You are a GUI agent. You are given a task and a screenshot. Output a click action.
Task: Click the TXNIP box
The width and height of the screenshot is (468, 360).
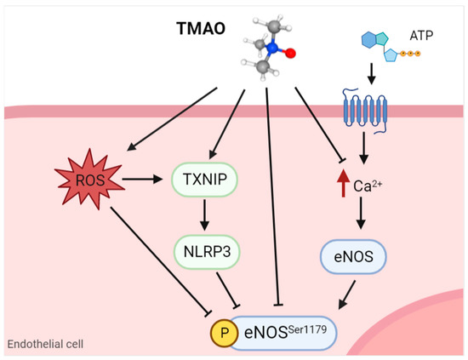click(x=204, y=180)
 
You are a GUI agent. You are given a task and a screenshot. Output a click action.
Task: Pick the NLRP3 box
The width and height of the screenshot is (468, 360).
click(x=204, y=251)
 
